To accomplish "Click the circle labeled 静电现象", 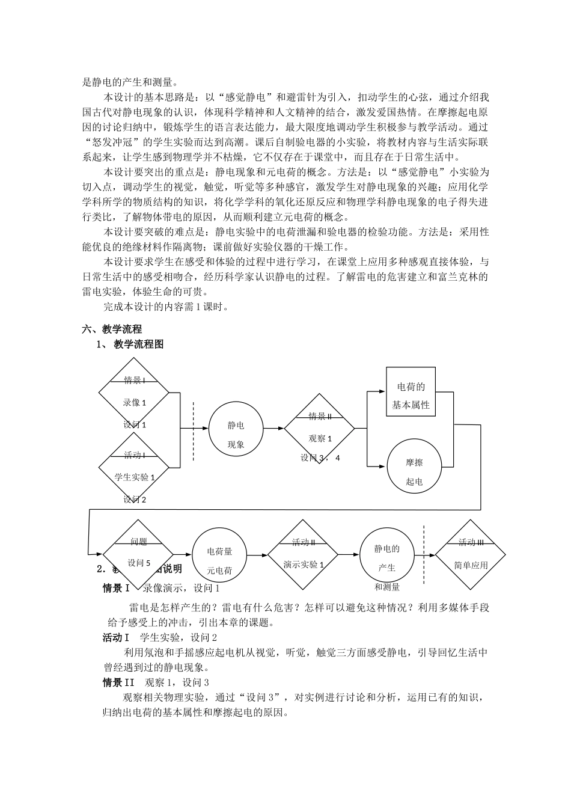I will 236,429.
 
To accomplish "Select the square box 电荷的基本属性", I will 411,391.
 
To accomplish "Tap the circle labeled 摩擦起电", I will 414,466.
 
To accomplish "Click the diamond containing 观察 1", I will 320,429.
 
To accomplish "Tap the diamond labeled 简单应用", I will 471,555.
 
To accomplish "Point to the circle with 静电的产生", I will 387,555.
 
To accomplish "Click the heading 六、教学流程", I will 112,329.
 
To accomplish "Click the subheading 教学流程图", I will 138,344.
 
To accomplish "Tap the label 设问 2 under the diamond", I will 135,499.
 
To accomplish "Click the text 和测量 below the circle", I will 387,587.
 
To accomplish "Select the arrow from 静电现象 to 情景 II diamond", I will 273,429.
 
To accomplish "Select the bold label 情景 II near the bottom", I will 121,682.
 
